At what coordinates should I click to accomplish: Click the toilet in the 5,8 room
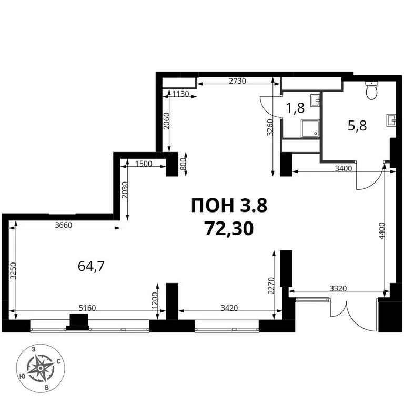[372, 91]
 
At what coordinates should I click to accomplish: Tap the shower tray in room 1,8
[310, 128]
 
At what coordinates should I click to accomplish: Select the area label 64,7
[92, 266]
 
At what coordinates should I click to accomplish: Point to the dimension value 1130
[181, 94]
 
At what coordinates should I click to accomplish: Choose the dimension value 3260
[270, 128]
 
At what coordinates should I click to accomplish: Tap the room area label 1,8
[295, 109]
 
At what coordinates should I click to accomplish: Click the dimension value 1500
[143, 163]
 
